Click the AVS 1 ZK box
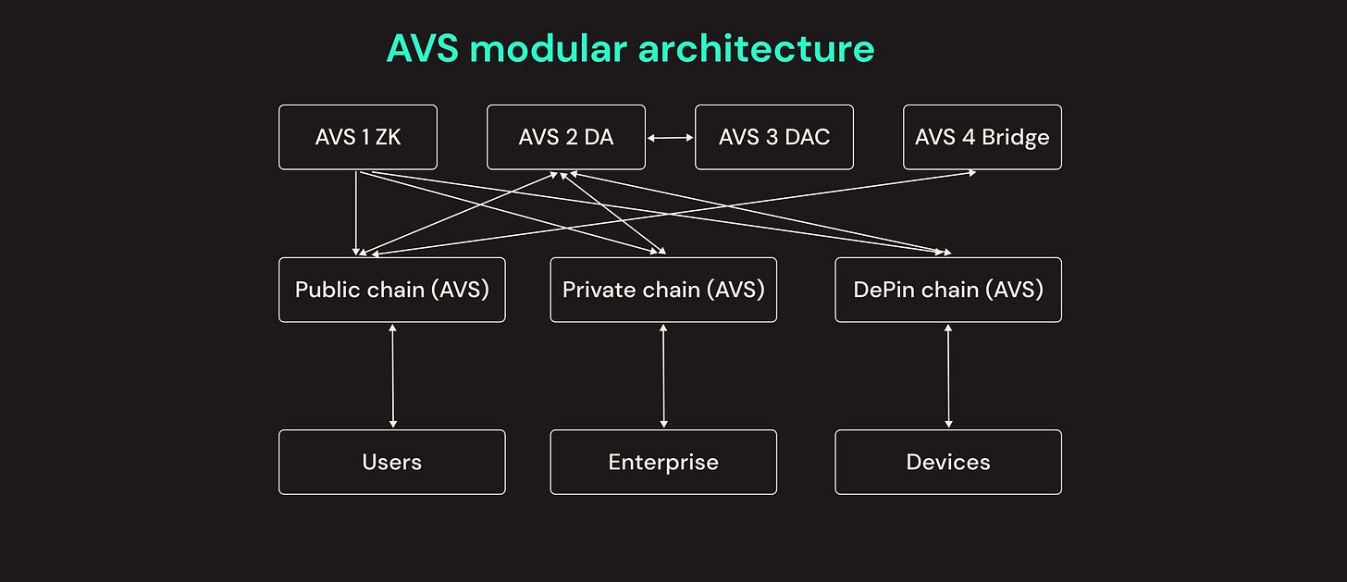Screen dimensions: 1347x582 click(x=358, y=137)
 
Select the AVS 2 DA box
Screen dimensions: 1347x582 click(x=566, y=137)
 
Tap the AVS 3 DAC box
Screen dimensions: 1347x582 click(x=774, y=137)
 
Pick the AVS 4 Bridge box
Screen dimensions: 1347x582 click(x=982, y=137)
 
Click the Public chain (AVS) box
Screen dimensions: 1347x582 click(x=392, y=290)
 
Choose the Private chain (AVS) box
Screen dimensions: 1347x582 click(x=663, y=290)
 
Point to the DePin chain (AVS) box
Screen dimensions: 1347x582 click(x=948, y=290)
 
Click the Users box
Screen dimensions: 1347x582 click(x=392, y=462)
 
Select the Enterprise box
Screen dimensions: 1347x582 click(x=663, y=462)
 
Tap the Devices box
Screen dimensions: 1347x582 click(x=948, y=462)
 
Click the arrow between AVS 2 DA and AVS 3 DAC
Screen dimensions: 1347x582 click(x=671, y=138)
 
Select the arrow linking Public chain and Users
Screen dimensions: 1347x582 click(x=392, y=376)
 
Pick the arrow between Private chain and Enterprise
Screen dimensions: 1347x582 click(x=663, y=376)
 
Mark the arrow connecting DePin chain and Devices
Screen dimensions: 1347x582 click(x=948, y=376)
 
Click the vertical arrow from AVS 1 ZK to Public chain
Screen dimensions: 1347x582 click(x=356, y=214)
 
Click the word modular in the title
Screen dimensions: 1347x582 click(x=548, y=48)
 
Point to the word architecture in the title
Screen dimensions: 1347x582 click(x=756, y=48)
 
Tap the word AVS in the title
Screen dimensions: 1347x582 click(x=422, y=48)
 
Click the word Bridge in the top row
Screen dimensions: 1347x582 click(x=1016, y=138)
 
